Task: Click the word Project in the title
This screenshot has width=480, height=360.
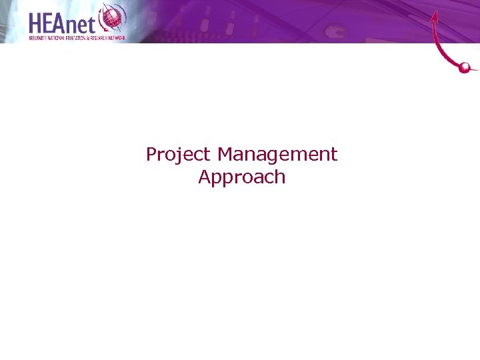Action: point(178,155)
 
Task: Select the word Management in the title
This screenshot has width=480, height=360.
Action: point(277,155)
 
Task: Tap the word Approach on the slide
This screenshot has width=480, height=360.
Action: point(241,177)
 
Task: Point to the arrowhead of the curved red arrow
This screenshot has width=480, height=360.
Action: point(435,16)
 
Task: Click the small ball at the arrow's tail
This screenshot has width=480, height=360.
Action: point(466,67)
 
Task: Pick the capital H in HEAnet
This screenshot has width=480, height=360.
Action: point(37,23)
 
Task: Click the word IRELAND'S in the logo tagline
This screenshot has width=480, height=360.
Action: point(38,38)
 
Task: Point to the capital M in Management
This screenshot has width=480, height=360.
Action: point(225,155)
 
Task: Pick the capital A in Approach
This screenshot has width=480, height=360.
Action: point(204,177)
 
